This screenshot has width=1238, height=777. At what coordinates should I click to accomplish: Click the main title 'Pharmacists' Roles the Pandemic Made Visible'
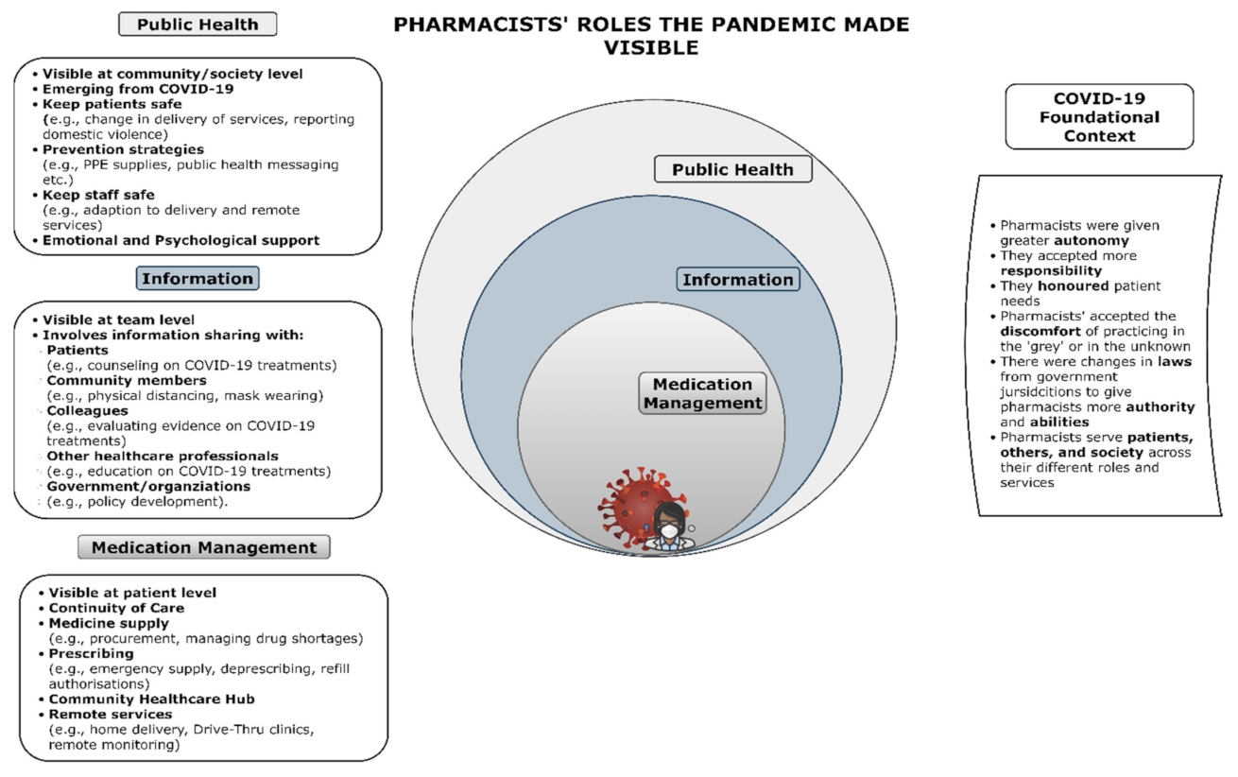click(651, 35)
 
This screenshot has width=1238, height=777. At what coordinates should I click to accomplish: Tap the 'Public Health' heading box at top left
click(198, 24)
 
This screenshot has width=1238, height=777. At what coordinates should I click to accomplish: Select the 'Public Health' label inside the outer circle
click(732, 170)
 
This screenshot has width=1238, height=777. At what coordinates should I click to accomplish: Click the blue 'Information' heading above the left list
click(198, 278)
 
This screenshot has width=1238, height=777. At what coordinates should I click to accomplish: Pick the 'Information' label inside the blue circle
click(738, 280)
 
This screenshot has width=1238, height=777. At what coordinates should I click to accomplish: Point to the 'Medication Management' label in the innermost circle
click(702, 393)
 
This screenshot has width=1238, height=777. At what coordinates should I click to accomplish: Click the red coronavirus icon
click(631, 502)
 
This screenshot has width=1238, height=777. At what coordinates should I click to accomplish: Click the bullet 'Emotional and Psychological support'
click(181, 240)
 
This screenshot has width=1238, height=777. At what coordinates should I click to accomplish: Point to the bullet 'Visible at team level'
click(120, 319)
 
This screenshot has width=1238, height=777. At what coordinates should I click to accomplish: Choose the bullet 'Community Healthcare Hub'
click(151, 699)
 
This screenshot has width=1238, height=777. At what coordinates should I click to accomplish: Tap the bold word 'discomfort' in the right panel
click(1039, 331)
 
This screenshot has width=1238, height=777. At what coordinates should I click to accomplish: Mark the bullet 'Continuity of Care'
click(116, 608)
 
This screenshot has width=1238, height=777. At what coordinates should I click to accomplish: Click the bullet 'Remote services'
click(110, 714)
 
